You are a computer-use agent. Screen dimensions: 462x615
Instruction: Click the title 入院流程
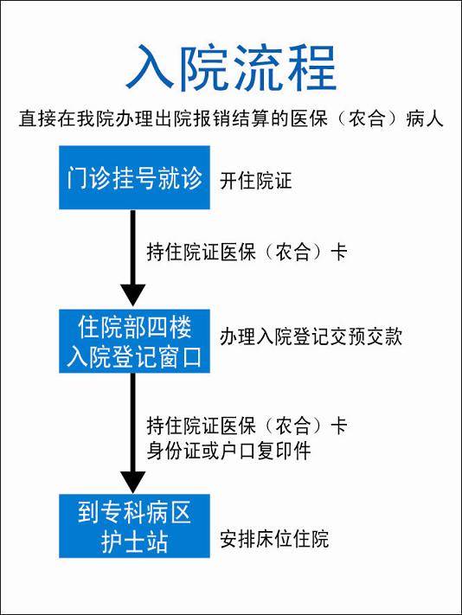point(231,67)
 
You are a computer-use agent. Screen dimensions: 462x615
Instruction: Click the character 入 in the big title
point(151,67)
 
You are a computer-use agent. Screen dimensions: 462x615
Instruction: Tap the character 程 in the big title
point(311,67)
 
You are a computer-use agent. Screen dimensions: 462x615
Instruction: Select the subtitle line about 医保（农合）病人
point(231,119)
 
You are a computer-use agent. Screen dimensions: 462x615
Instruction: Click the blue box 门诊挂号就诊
point(134,177)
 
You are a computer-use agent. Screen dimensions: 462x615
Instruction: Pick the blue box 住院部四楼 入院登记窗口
point(134,341)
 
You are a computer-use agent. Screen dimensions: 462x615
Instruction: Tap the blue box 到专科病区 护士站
point(134,526)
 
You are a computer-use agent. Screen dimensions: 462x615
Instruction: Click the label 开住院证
point(256,181)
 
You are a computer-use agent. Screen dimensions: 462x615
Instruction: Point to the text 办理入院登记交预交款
point(311,337)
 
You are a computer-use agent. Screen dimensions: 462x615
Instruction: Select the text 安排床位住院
point(274,539)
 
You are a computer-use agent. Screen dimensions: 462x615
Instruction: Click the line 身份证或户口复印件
point(229,451)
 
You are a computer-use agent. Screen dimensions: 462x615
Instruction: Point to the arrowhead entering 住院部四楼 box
point(133,295)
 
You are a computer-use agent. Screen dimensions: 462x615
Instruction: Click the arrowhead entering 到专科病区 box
point(133,482)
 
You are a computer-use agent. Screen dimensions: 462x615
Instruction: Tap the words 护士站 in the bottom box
point(134,542)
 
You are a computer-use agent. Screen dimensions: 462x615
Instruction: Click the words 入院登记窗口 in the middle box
point(134,357)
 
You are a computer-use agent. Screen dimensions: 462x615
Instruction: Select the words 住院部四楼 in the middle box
point(134,327)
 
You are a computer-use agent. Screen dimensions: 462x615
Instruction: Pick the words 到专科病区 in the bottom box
point(134,512)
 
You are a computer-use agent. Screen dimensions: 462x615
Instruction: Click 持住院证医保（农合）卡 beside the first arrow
point(247,252)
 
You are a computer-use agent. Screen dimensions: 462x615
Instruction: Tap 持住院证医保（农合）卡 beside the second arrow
point(247,426)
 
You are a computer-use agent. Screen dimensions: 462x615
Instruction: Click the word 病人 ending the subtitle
point(425,119)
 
